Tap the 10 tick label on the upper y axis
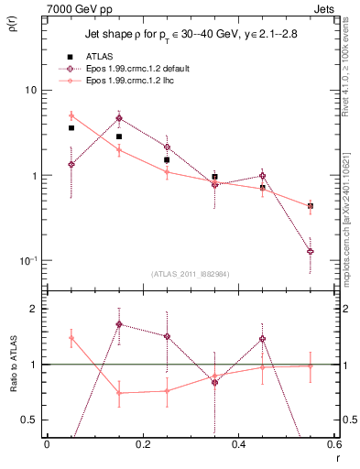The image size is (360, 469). coord(30,91)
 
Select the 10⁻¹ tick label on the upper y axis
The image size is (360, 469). coord(27,260)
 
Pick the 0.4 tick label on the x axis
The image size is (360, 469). coord(238,445)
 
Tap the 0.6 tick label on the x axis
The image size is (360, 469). coord(332,445)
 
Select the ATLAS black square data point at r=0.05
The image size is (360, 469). coord(71,128)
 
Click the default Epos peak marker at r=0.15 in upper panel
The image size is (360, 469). coord(118,118)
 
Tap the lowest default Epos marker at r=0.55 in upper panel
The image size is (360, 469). coord(311,251)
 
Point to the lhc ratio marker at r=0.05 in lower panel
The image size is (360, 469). coord(71,338)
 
